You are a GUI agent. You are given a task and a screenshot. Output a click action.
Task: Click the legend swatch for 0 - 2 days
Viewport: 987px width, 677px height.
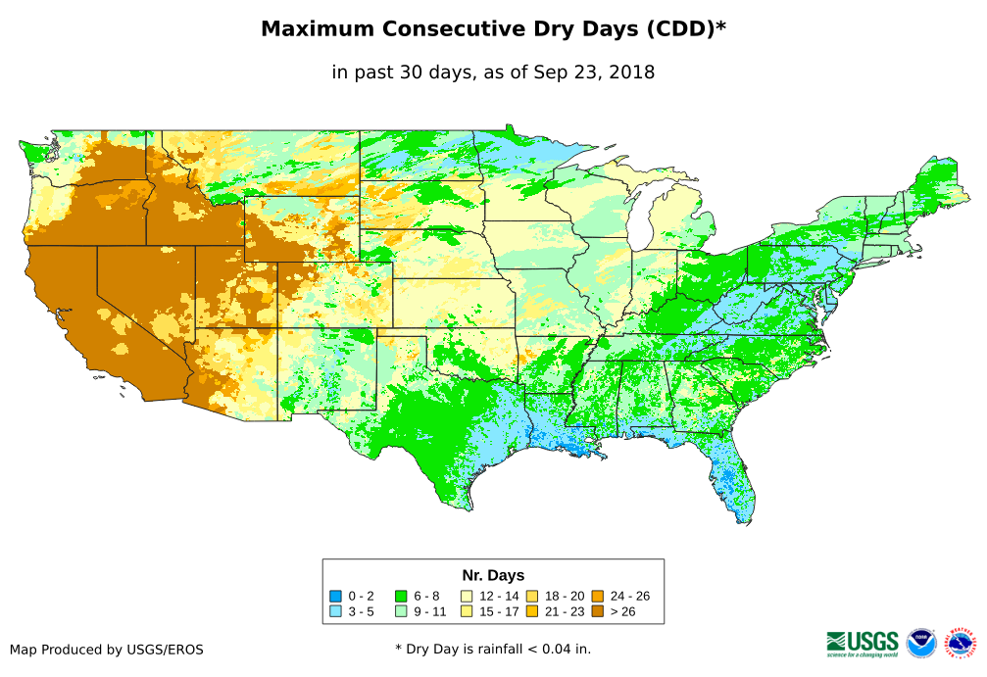(335, 596)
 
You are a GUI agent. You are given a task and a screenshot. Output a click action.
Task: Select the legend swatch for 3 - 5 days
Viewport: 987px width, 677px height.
(335, 611)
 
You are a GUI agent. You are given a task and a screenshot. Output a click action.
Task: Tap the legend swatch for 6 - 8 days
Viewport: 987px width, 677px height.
(401, 596)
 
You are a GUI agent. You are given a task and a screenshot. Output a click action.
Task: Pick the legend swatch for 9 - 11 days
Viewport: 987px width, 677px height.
(401, 611)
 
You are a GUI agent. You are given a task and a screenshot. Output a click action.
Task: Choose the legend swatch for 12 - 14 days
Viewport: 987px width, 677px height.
(467, 596)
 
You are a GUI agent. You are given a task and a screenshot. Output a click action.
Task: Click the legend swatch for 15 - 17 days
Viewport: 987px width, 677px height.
(467, 611)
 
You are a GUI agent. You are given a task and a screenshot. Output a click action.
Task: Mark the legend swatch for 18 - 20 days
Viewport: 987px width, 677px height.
(531, 596)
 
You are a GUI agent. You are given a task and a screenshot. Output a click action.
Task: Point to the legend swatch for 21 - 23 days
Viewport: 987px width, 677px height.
(531, 611)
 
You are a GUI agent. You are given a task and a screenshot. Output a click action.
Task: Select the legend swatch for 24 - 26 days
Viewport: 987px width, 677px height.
(597, 596)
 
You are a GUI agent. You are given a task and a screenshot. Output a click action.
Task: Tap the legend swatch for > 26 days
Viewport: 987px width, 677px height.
(597, 611)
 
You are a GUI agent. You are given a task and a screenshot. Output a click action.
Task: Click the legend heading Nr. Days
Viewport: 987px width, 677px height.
(493, 575)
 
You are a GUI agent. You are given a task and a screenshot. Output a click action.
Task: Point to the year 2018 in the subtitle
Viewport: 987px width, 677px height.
(631, 72)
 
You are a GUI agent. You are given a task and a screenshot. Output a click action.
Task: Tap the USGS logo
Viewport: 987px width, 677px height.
(863, 643)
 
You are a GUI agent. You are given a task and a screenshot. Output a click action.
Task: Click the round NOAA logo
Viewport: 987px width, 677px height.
(921, 643)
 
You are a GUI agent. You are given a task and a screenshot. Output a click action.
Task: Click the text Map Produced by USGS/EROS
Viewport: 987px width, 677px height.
(107, 650)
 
